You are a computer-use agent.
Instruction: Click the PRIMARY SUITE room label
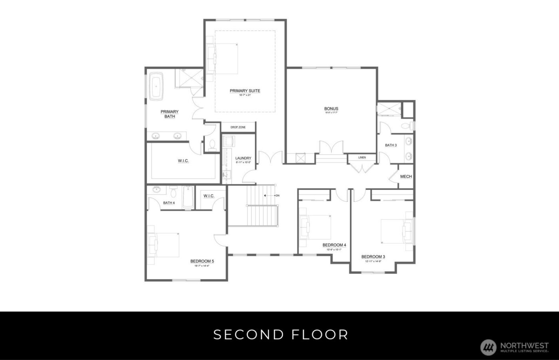[245, 91]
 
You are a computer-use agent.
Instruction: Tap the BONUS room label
[331, 109]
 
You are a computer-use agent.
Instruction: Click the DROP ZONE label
[238, 127]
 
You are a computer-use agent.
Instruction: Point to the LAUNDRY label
[243, 158]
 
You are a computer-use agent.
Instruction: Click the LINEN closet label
[362, 157]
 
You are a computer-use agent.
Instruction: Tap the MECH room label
[406, 177]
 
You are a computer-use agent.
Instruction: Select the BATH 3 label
[391, 145]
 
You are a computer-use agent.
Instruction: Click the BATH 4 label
[169, 203]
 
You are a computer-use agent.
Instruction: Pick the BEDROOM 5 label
[202, 261]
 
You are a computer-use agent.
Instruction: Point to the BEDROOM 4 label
[334, 245]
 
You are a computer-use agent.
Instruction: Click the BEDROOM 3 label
[373, 257]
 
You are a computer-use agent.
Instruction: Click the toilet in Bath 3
[406, 126]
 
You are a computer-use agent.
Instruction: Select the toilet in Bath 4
[173, 193]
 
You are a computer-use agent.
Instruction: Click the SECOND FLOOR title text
[281, 334]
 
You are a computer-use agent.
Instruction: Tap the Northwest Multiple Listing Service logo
[488, 347]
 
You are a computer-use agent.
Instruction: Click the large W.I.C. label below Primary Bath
[183, 161]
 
